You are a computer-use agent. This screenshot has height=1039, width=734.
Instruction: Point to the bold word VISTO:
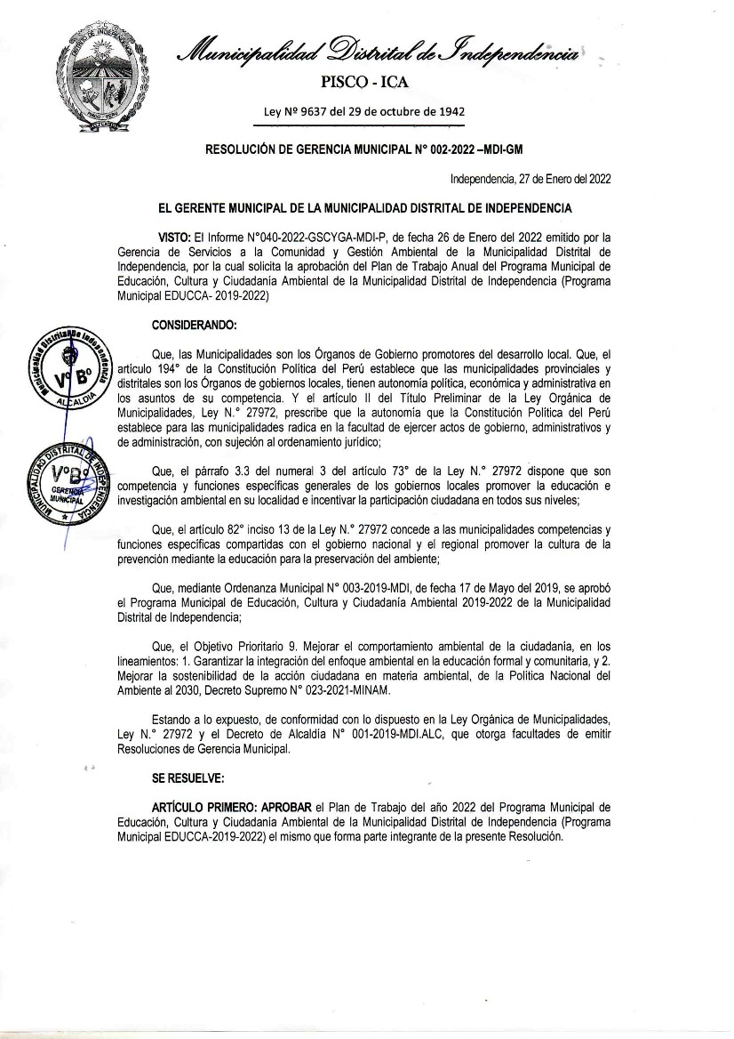click(x=174, y=239)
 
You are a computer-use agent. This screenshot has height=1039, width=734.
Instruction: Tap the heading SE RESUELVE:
click(x=187, y=777)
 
